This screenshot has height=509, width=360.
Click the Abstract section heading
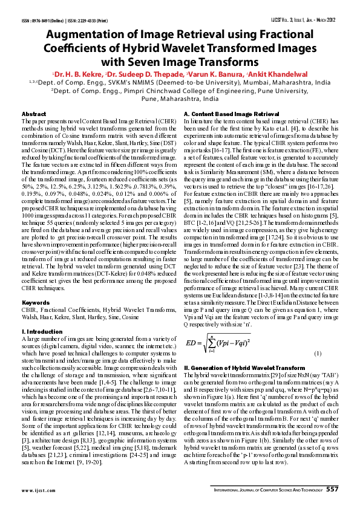point(34,114)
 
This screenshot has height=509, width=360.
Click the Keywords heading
point(35,302)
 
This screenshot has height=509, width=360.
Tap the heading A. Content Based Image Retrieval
point(231,114)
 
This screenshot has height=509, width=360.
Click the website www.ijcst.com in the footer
point(38,490)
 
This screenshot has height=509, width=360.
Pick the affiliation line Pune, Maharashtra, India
point(180,99)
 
